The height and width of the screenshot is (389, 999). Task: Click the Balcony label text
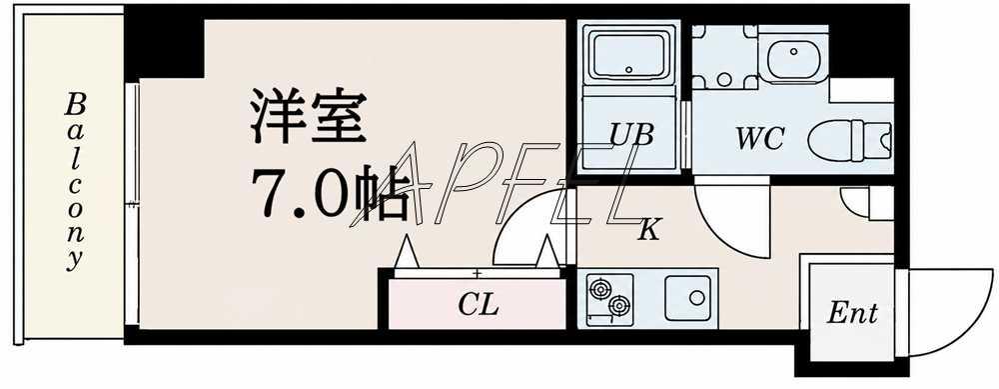[75, 182]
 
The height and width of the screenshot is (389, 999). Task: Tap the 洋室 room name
[309, 117]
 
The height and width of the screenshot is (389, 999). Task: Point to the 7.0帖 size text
[330, 194]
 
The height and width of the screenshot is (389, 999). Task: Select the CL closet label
[478, 306]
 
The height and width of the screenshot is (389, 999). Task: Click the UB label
[630, 135]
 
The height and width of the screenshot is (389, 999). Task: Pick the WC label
[759, 139]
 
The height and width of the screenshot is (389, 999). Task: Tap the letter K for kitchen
[648, 229]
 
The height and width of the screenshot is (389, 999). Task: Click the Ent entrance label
[852, 314]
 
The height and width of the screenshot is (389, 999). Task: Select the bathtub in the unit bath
[628, 53]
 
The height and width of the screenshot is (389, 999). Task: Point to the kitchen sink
[687, 298]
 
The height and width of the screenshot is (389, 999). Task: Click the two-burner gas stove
[609, 298]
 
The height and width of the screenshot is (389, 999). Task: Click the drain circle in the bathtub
[629, 70]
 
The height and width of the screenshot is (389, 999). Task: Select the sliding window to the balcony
[132, 203]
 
